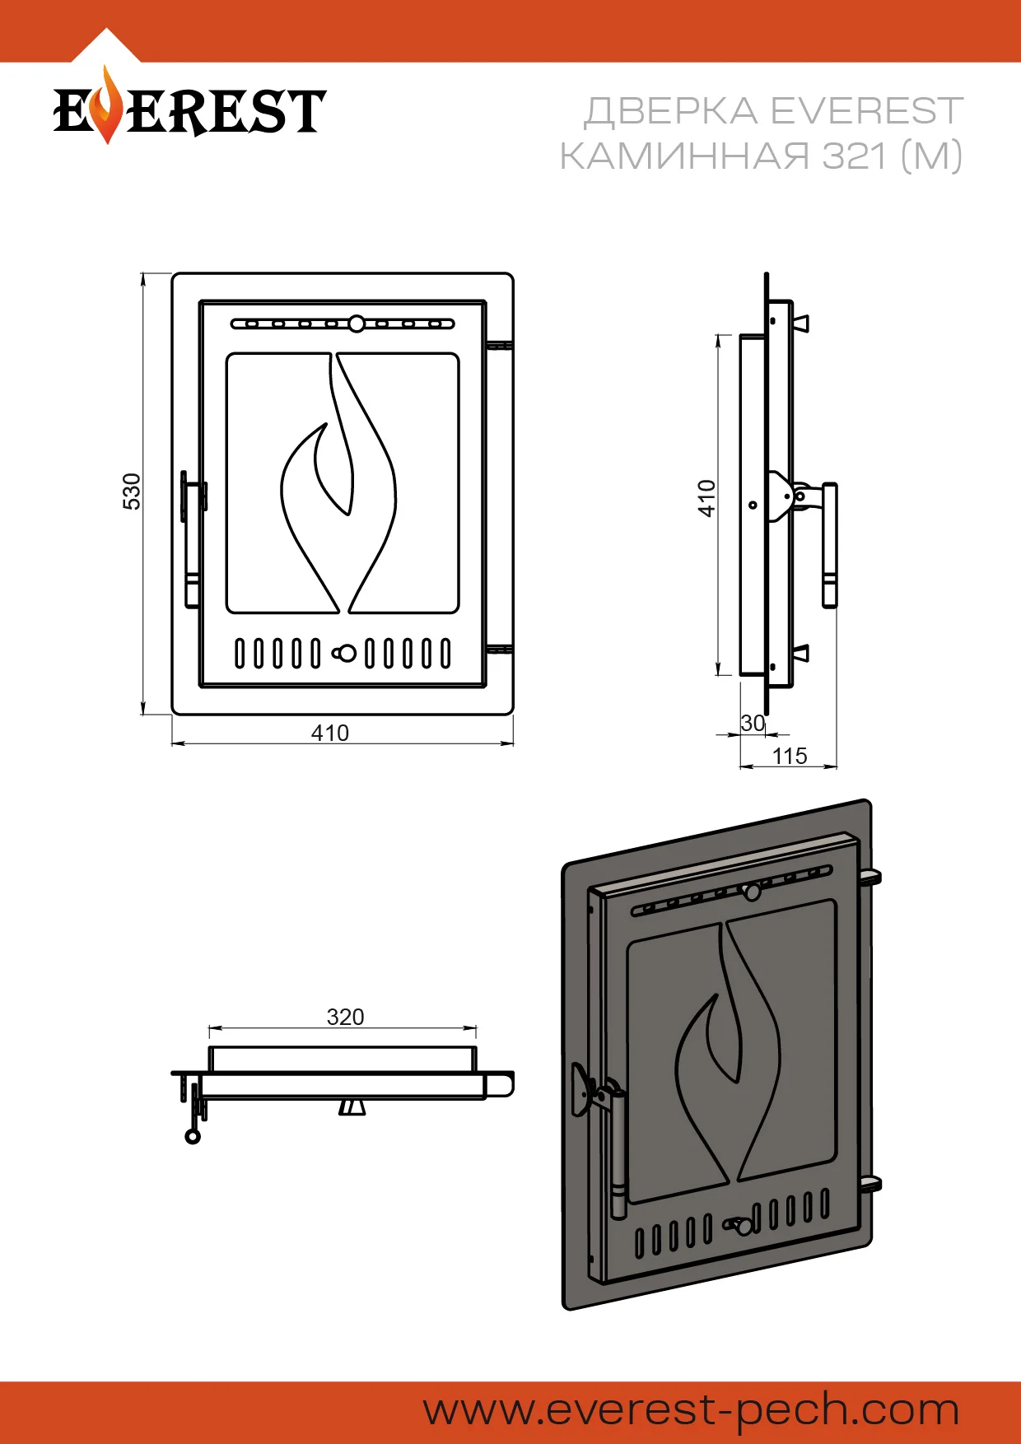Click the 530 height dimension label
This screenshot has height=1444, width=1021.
pyautogui.click(x=132, y=491)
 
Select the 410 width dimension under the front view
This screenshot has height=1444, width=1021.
pyautogui.click(x=330, y=733)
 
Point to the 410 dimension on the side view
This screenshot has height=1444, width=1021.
pyautogui.click(x=706, y=498)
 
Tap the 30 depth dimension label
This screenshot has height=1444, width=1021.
pyautogui.click(x=753, y=723)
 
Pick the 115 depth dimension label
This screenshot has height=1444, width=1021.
pyautogui.click(x=790, y=756)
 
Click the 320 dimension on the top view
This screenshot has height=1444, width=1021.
pyautogui.click(x=345, y=1017)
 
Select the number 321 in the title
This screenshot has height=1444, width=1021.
pyautogui.click(x=854, y=156)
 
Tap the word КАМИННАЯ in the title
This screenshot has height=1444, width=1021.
pyautogui.click(x=685, y=156)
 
